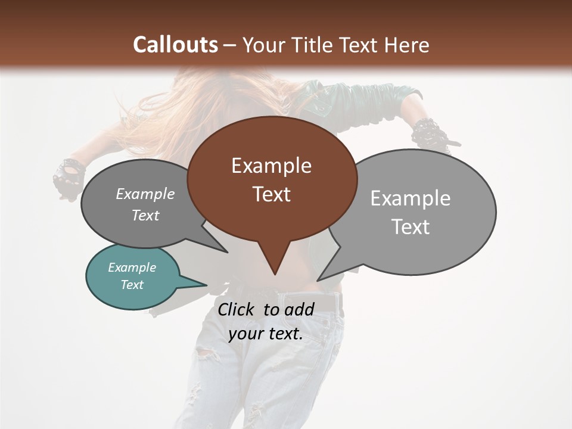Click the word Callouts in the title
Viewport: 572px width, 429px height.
point(175,45)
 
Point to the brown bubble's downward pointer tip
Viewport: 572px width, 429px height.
point(275,274)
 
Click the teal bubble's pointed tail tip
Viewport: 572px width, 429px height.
point(207,285)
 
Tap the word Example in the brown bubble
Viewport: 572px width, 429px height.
point(271,166)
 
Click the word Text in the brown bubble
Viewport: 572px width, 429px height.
point(272,194)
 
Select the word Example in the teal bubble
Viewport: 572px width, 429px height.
point(132,268)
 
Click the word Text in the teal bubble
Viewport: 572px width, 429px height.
point(132,285)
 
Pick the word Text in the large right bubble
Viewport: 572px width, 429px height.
point(411,227)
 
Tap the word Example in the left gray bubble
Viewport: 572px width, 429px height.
point(145,194)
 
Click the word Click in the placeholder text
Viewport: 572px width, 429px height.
point(237,309)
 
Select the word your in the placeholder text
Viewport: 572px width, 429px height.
point(245,334)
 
